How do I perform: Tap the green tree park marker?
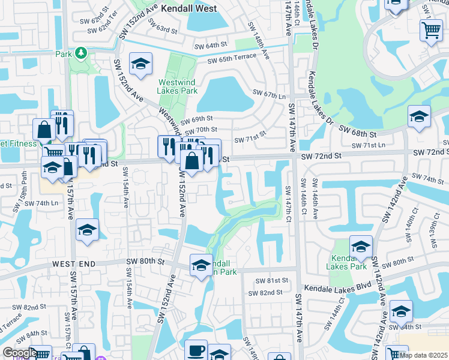coord(80,54)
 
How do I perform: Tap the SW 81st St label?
coord(272,280)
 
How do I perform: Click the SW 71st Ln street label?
coord(369,146)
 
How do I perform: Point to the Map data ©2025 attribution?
coord(423,355)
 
